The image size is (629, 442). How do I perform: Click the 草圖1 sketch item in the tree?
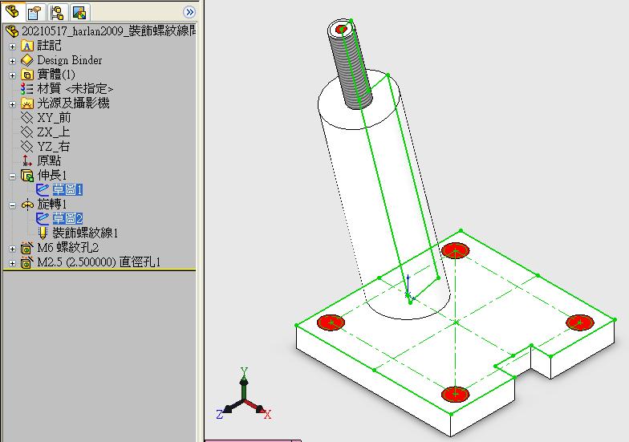67,189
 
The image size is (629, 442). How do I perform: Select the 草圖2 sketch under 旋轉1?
67,218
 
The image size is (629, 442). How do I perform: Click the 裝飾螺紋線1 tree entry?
85,233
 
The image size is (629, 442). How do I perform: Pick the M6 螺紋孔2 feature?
67,247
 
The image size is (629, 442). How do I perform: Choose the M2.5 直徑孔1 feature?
99,262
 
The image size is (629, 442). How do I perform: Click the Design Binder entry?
69,60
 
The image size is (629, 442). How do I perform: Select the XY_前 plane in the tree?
54,117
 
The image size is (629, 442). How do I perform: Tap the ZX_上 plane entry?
53,132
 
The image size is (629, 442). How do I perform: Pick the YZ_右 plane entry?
53,146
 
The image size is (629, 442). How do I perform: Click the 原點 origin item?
49,160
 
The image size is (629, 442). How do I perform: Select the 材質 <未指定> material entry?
75,88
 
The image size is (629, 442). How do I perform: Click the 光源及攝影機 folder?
73,103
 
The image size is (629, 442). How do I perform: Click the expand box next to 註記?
13,47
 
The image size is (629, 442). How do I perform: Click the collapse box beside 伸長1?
13,176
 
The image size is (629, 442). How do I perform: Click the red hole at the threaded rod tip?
342,29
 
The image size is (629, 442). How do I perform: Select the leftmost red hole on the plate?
331,322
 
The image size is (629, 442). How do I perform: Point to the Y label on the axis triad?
244,371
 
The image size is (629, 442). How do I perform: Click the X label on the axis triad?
268,415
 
